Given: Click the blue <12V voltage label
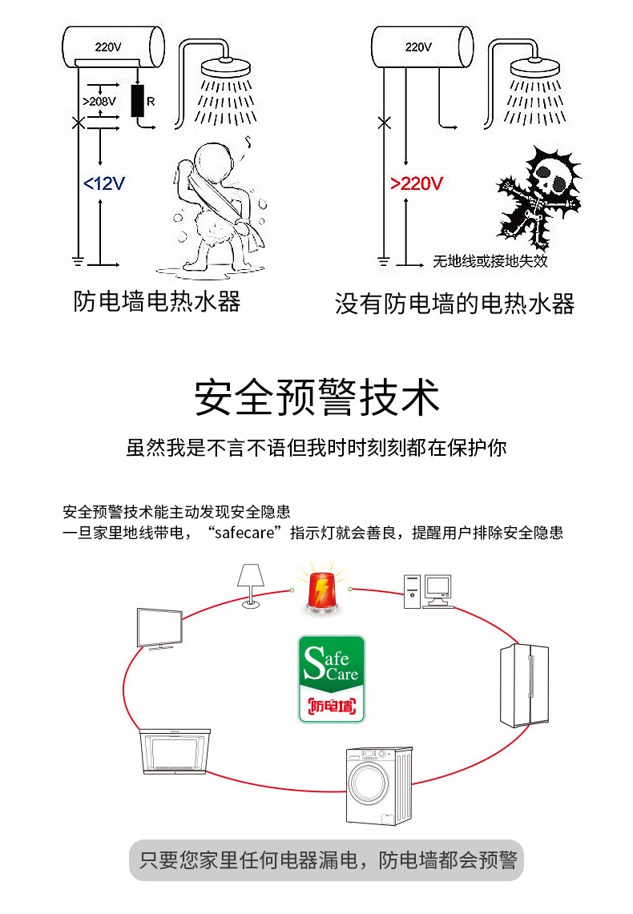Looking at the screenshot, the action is (x=103, y=183).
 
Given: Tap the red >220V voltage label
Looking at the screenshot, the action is (x=416, y=183).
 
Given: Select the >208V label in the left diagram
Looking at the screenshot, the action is (x=99, y=101).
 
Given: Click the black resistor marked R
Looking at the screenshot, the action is (x=138, y=101).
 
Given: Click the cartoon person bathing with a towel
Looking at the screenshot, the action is (x=219, y=207).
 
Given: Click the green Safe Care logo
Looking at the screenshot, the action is (x=332, y=679).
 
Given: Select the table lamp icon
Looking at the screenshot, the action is (x=251, y=586).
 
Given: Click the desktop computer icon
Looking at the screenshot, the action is (x=429, y=591).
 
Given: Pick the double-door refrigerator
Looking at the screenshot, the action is (x=524, y=685).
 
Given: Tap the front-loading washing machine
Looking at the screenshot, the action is (x=379, y=785).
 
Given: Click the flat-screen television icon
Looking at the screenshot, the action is (x=159, y=629).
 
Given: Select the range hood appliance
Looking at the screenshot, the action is (x=175, y=752).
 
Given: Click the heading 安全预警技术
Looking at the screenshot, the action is (x=316, y=397).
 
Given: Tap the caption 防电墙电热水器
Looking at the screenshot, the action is (x=157, y=301).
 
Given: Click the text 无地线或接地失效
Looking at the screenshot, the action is (x=490, y=260).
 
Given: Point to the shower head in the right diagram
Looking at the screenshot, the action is (x=534, y=67).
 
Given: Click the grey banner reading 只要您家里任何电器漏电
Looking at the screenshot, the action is (x=326, y=860).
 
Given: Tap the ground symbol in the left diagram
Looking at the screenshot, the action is (x=78, y=261).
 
